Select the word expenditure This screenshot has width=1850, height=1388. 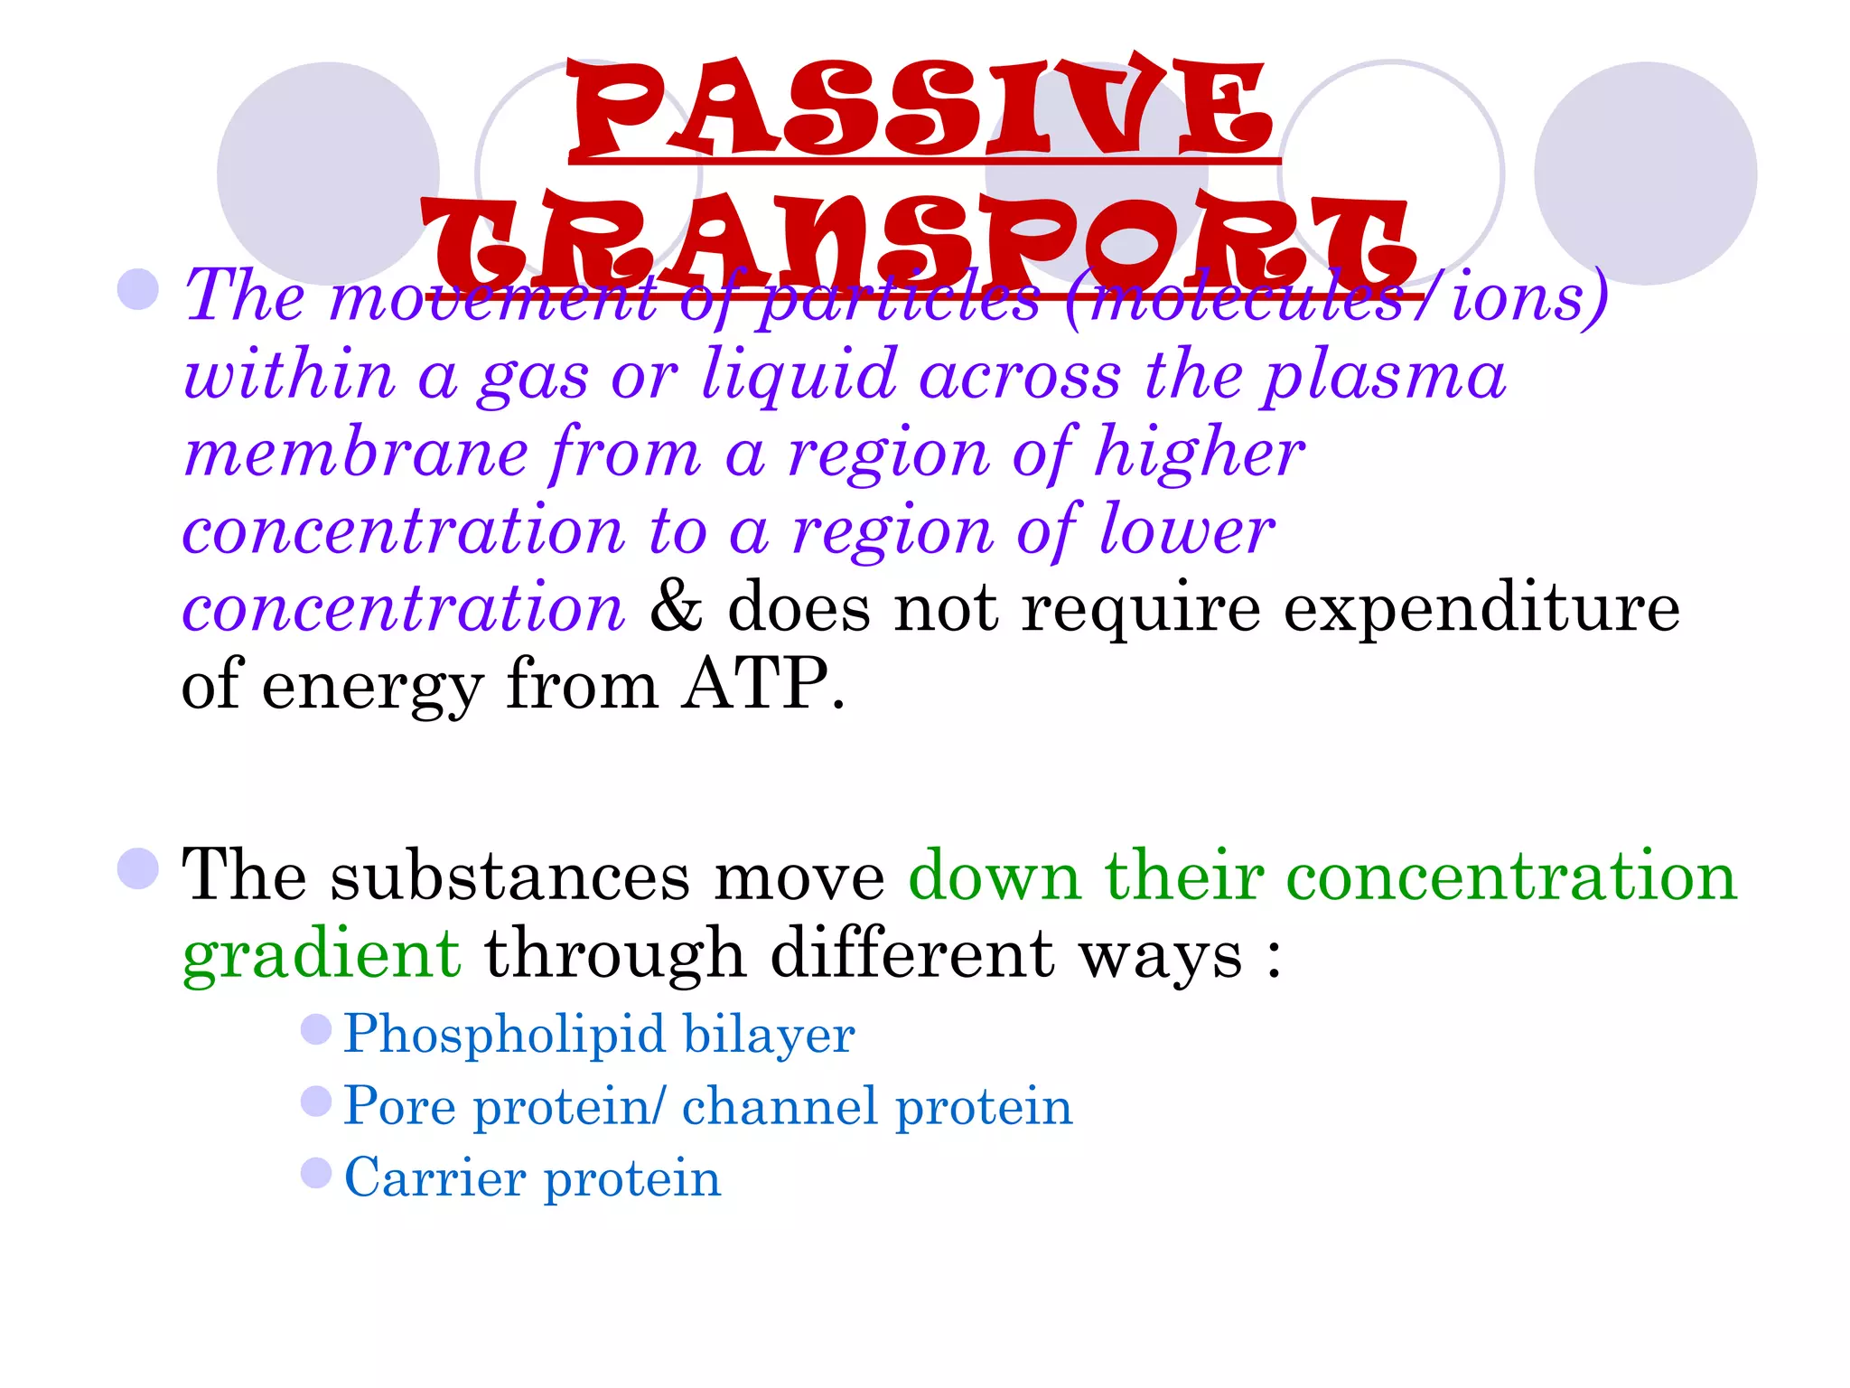[x=1481, y=607]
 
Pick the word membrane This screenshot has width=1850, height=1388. [x=356, y=452]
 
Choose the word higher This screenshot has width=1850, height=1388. [x=1199, y=452]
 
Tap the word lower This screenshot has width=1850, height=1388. [x=1186, y=530]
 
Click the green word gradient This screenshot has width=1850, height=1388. [x=322, y=954]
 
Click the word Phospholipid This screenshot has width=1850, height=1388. [x=502, y=1034]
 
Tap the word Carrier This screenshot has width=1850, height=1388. [x=434, y=1177]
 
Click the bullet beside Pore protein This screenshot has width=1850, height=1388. [x=316, y=1101]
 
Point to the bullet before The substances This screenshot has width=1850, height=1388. [x=138, y=868]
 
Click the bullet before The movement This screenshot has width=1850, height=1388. [x=138, y=289]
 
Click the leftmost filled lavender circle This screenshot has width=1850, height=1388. [x=328, y=173]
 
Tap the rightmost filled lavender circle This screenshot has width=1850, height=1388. [x=1645, y=173]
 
